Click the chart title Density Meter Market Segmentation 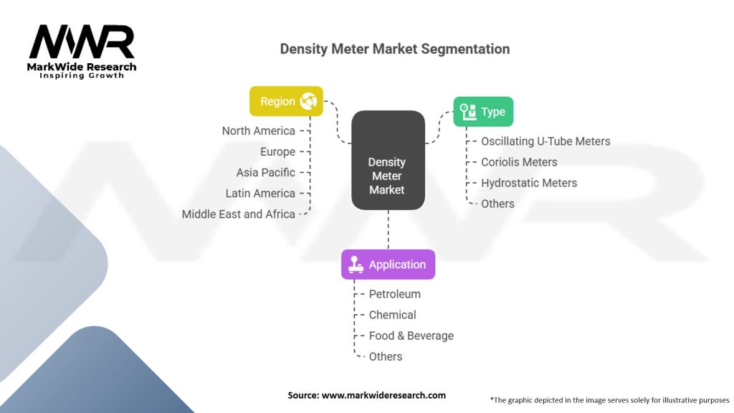395,49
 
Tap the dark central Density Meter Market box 388,160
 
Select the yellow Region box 286,101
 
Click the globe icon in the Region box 308,101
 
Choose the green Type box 483,111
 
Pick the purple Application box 388,265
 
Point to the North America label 258,131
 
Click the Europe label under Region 277,152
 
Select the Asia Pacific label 265,173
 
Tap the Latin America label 260,194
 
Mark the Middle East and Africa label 238,214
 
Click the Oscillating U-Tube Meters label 545,141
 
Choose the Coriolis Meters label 519,162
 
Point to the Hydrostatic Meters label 529,183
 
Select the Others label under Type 497,204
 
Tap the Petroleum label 395,294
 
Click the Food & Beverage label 411,336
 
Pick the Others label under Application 385,357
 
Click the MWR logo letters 82,42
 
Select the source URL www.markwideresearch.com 383,395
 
